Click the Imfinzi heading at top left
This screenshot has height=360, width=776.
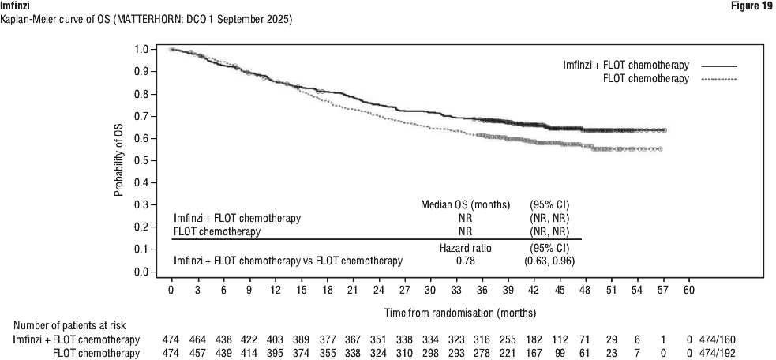coord(17,6)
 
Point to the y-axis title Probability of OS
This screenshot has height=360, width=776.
coord(118,161)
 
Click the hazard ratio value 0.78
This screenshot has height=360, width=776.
coord(465,261)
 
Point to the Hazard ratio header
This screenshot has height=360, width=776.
coord(465,247)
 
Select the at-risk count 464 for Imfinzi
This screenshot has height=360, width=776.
coord(197,339)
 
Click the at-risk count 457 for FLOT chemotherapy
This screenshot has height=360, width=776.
coord(197,352)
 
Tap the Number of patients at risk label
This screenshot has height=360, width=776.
coord(69,325)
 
